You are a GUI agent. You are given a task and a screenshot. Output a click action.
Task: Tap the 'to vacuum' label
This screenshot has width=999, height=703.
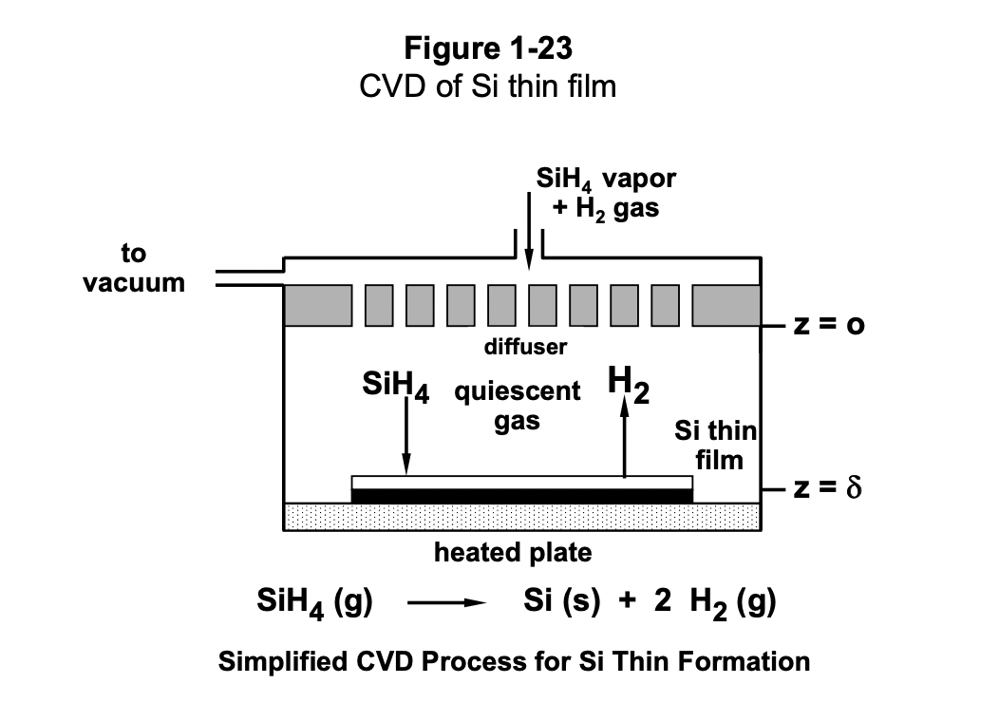[134, 268]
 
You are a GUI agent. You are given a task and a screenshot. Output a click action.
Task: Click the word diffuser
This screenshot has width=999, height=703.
[525, 347]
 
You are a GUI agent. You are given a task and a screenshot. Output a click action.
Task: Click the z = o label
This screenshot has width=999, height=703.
[829, 326]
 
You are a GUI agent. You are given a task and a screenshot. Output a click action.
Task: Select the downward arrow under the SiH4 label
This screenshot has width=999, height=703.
[406, 437]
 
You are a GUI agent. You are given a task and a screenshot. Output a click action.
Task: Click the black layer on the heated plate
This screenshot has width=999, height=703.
[521, 496]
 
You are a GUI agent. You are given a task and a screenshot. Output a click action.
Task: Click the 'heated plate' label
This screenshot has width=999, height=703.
[513, 552]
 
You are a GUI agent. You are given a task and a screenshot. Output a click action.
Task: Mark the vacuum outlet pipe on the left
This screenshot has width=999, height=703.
[250, 278]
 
